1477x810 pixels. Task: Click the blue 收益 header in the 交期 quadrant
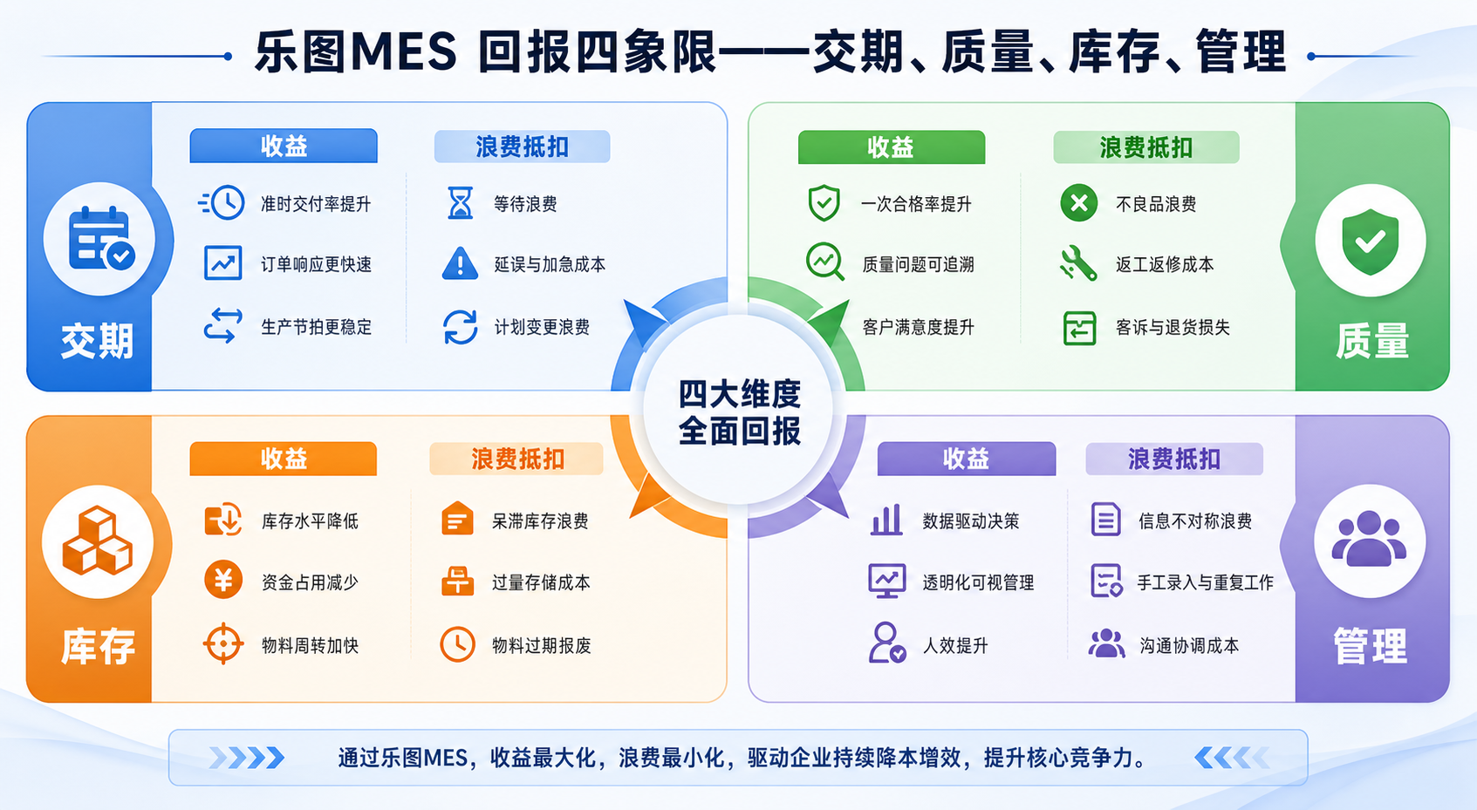[x=284, y=146]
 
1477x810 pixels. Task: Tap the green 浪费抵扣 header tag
[x=1146, y=147]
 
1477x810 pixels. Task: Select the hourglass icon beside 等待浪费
[x=461, y=203]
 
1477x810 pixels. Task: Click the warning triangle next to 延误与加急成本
[x=461, y=263]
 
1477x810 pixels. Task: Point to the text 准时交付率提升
[x=316, y=204]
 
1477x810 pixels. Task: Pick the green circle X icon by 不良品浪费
[x=1078, y=203]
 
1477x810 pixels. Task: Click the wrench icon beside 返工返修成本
[x=1078, y=263]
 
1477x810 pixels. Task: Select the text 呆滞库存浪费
[x=540, y=521]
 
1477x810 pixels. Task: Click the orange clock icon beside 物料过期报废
[x=458, y=644]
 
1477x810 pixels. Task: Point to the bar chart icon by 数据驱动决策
[x=887, y=520]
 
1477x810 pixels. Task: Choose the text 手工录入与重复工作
[x=1206, y=582]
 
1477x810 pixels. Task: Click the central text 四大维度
[x=739, y=395]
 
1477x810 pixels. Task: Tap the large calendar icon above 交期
[x=101, y=239]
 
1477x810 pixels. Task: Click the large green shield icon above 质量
[x=1371, y=242]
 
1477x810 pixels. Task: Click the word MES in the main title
[x=404, y=51]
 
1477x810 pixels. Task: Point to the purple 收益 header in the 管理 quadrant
[x=966, y=459]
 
